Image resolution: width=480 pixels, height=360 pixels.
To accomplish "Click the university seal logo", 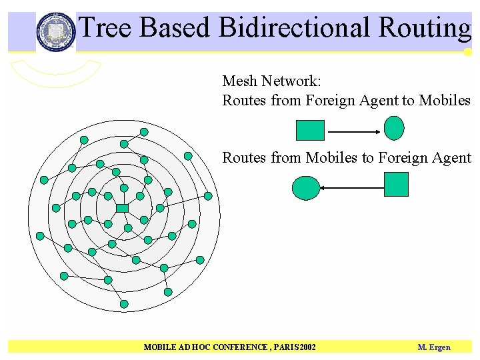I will point(56,31).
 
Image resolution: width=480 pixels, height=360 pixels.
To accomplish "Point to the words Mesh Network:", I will point(271,81).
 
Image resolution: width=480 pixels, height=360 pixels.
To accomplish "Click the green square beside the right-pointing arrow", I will point(310,130).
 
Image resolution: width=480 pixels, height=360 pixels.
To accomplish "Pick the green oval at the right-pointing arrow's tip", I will point(395,128).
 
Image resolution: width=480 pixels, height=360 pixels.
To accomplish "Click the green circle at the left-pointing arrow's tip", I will point(306,188).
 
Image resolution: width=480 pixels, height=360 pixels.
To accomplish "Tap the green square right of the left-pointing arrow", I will point(396,184).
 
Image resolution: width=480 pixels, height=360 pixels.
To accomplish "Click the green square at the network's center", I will point(122,209).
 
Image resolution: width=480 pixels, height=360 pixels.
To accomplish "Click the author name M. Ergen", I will point(434,347).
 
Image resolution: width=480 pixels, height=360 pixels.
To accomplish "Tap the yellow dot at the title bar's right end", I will point(468,52).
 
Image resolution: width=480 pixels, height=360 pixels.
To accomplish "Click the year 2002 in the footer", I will point(308,347).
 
